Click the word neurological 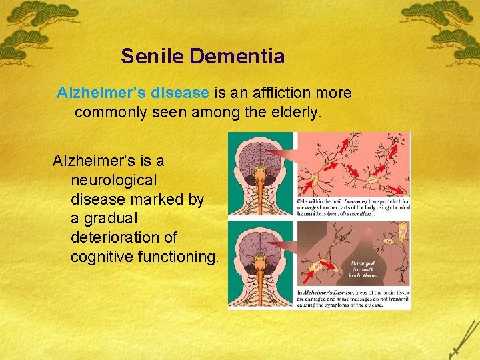[x=113, y=180]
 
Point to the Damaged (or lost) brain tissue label [x=364, y=269]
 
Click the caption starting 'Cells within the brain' [x=353, y=207]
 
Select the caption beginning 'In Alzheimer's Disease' [x=353, y=297]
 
